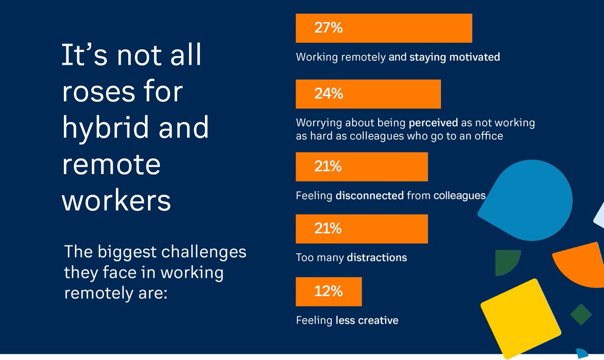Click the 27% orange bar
click(384, 28)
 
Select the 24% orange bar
click(368, 94)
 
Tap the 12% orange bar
click(329, 292)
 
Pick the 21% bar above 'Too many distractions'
click(361, 229)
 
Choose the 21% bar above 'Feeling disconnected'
click(361, 167)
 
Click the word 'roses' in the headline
click(99, 92)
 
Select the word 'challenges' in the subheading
click(203, 253)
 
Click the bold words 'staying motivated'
click(455, 57)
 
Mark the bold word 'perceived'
click(433, 123)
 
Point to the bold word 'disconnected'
click(369, 195)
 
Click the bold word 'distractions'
click(377, 257)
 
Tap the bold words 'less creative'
click(367, 320)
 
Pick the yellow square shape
click(520, 319)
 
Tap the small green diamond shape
click(581, 314)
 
